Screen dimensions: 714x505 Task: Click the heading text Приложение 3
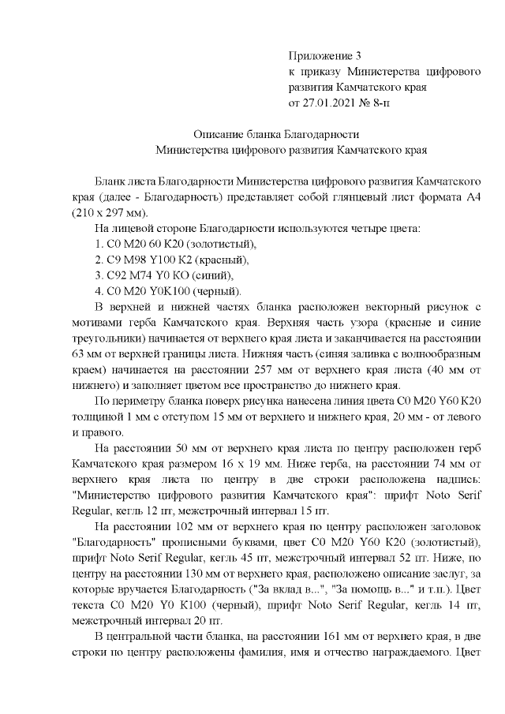[325, 56]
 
